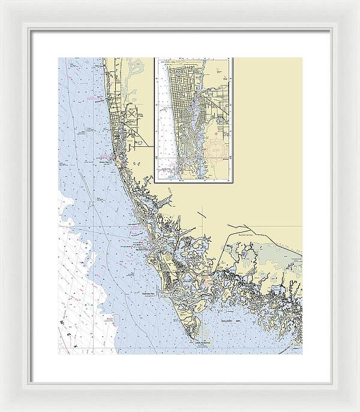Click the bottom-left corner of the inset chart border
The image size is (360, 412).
coord(155,182)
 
